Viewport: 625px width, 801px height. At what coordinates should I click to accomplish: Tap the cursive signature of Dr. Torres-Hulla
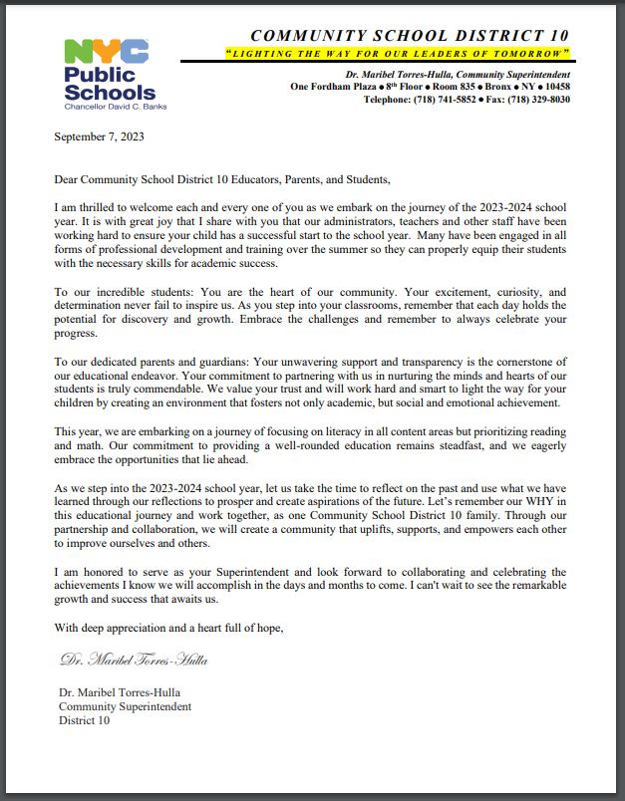click(x=135, y=660)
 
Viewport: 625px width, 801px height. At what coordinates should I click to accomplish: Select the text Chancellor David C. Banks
click(x=107, y=106)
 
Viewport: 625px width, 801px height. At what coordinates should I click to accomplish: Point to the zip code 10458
click(x=551, y=87)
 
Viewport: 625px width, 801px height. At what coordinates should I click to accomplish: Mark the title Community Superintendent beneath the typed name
click(x=125, y=706)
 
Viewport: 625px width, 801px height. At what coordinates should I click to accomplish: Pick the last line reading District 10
click(x=85, y=720)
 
